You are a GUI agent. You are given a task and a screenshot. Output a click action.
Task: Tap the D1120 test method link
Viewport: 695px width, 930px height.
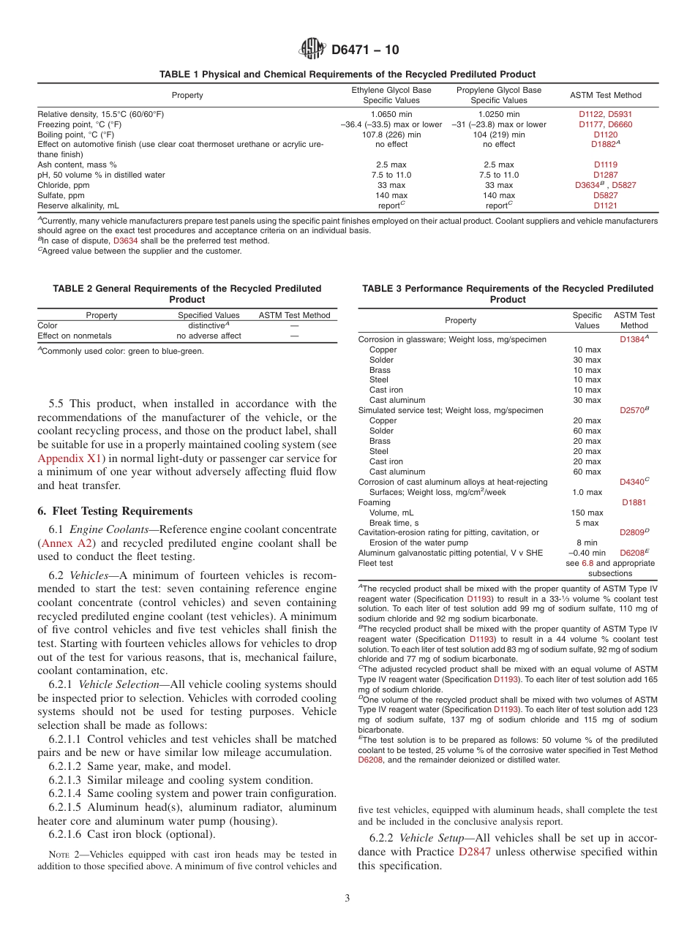605,135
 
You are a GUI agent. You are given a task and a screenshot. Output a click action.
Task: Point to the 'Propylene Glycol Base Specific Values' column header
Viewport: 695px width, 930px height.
498,95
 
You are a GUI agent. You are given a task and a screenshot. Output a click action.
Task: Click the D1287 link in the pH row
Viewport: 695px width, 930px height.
605,175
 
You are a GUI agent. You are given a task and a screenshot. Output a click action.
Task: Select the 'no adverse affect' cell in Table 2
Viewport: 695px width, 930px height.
209,336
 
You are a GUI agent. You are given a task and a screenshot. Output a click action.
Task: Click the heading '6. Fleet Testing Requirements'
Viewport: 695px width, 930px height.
115,511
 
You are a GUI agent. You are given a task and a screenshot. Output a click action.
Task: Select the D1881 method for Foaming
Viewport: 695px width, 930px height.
634,502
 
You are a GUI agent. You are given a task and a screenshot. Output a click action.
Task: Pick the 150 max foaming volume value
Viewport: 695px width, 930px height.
586,513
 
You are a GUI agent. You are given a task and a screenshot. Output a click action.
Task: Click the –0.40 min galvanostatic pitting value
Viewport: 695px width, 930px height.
586,553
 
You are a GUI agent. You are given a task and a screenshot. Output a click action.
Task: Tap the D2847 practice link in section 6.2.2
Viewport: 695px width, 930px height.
475,852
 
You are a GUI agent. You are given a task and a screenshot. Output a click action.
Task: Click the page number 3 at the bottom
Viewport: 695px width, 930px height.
347,898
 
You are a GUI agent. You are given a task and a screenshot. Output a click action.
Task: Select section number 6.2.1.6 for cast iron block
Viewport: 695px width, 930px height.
65,834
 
